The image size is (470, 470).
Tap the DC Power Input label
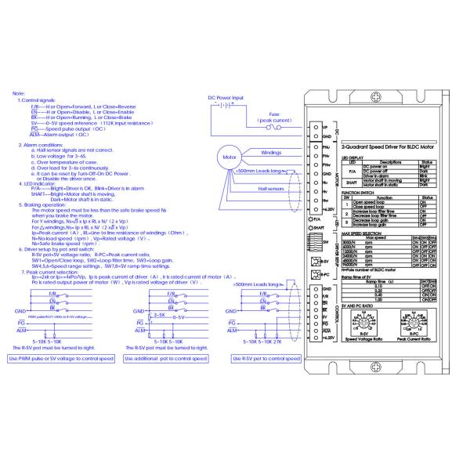pyautogui.click(x=226, y=97)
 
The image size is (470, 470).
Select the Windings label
pyautogui.click(x=271, y=153)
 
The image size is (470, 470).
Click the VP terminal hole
pyautogui.click(x=316, y=126)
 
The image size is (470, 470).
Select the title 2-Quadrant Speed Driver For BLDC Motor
pyautogui.click(x=388, y=146)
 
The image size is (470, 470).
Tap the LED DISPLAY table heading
pyautogui.click(x=355, y=157)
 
